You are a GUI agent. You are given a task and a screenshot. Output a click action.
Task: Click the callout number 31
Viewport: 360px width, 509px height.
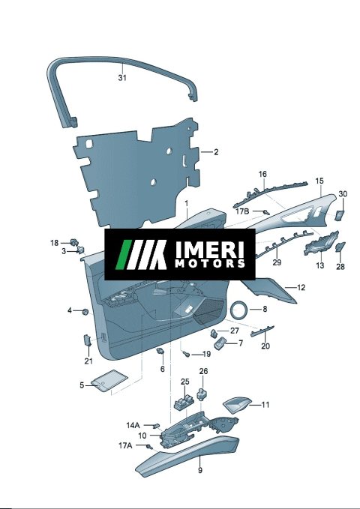coord(122,78)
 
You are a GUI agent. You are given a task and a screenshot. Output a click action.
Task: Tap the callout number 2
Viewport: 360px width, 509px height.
coord(216,152)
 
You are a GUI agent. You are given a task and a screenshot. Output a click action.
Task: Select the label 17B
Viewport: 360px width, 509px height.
coord(242,211)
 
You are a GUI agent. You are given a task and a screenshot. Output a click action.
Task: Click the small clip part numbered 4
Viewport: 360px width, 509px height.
coord(85,312)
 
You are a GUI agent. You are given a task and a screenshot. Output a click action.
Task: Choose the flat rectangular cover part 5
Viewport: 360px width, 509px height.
coord(109,380)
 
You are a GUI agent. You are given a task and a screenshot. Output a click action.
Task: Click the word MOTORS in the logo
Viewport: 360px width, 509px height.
coord(210,263)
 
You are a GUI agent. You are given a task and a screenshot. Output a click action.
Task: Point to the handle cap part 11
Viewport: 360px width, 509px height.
coord(237,405)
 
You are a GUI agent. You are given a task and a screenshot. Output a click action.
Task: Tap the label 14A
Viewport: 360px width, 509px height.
coord(133,425)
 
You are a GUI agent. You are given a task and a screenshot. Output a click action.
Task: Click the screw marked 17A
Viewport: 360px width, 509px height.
coord(149,447)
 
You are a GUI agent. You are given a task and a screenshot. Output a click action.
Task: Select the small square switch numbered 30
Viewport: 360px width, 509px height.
coord(340,215)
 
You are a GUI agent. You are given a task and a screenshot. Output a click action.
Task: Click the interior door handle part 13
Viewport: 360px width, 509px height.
coord(321,243)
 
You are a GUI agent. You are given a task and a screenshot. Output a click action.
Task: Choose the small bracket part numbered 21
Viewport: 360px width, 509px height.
coord(88,340)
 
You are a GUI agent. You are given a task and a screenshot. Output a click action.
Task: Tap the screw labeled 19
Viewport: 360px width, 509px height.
coord(187,354)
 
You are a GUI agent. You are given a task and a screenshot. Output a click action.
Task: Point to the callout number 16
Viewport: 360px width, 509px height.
coord(262,175)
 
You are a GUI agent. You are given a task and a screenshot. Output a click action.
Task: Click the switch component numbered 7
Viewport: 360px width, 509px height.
coord(220,343)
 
